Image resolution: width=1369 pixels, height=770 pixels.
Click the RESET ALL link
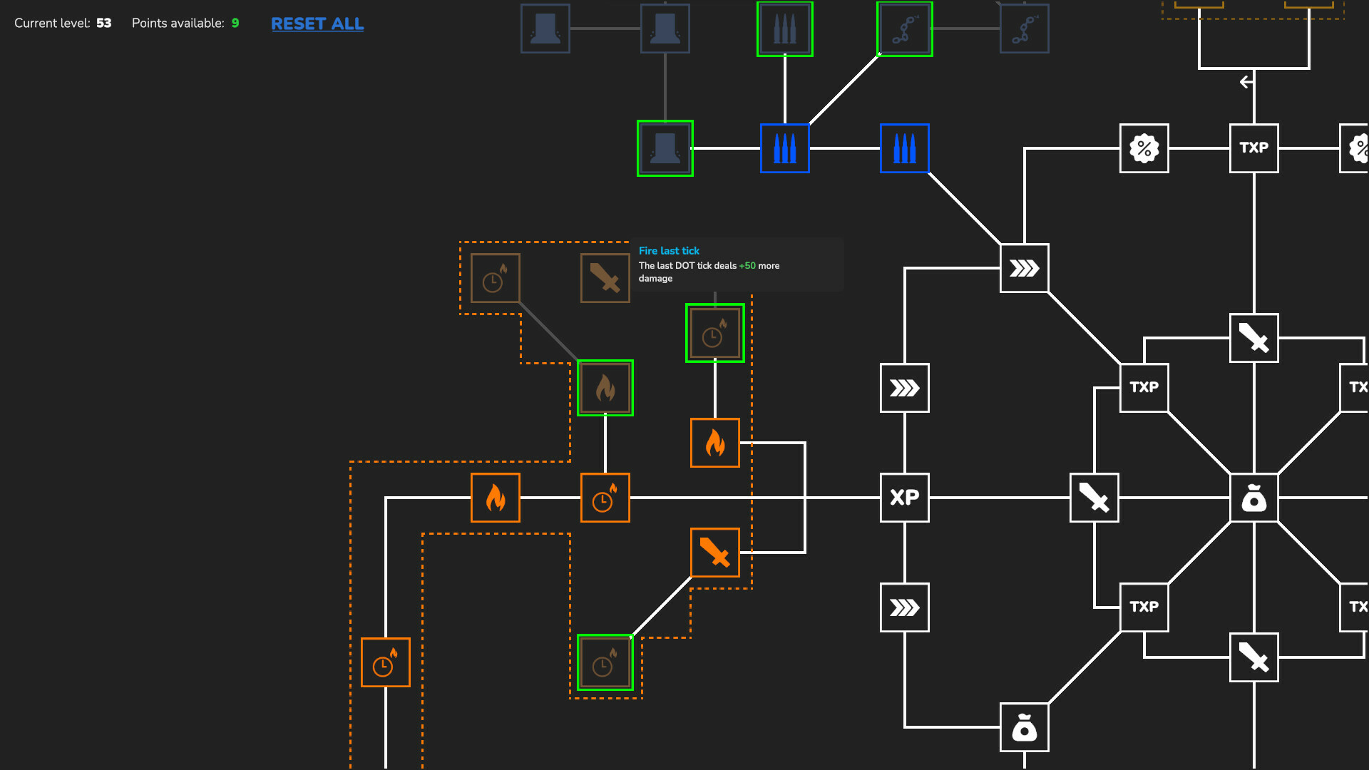[317, 24]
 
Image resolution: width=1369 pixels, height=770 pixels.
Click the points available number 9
[235, 24]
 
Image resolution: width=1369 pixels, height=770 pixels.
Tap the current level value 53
[104, 24]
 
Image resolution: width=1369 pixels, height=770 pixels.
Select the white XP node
[904, 498]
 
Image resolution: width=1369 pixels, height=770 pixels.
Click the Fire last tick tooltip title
[669, 251]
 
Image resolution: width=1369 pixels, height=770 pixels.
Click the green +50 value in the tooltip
[747, 266]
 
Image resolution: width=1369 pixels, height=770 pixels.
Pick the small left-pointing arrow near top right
[1246, 82]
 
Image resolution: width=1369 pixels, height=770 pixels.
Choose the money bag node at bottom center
[1024, 727]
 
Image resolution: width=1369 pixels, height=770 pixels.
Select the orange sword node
[714, 553]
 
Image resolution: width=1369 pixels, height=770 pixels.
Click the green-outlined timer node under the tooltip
[714, 334]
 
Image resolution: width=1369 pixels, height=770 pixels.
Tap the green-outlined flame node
[605, 388]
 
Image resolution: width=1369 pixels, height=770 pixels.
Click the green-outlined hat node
[665, 148]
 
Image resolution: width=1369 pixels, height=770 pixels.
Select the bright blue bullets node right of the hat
[784, 148]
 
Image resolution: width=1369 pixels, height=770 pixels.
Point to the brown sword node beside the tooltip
[605, 278]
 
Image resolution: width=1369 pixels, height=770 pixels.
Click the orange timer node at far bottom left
[385, 662]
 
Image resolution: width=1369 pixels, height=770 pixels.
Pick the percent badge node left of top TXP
[1144, 148]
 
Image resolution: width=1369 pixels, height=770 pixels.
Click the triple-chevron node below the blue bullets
[1024, 268]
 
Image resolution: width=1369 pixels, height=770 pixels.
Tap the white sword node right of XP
[1094, 498]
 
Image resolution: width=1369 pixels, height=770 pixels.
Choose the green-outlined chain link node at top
[904, 29]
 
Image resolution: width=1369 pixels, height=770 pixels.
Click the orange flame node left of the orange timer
[495, 498]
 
